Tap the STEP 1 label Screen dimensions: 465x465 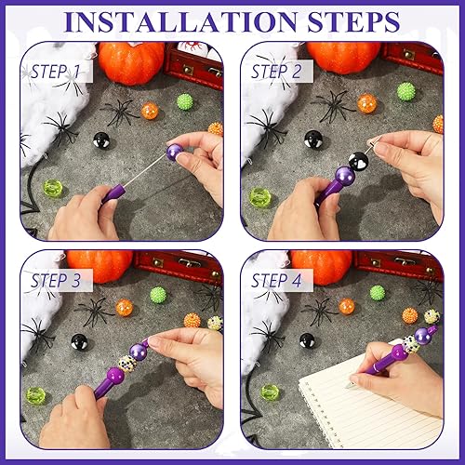coord(57,71)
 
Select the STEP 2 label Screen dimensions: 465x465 coord(278,71)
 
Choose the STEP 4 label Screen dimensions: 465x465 coord(278,280)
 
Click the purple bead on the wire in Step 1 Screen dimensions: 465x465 coord(174,150)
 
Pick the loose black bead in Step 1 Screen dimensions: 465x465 coord(100,140)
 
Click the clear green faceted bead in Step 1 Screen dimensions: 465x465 coord(52,189)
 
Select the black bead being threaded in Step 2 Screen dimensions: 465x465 coord(357,161)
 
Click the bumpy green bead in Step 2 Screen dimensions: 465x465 coord(405,91)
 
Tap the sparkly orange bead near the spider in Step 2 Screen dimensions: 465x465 coord(367,103)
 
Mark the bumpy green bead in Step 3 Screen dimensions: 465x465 coord(158,295)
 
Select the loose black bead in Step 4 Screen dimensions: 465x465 coord(307,340)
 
